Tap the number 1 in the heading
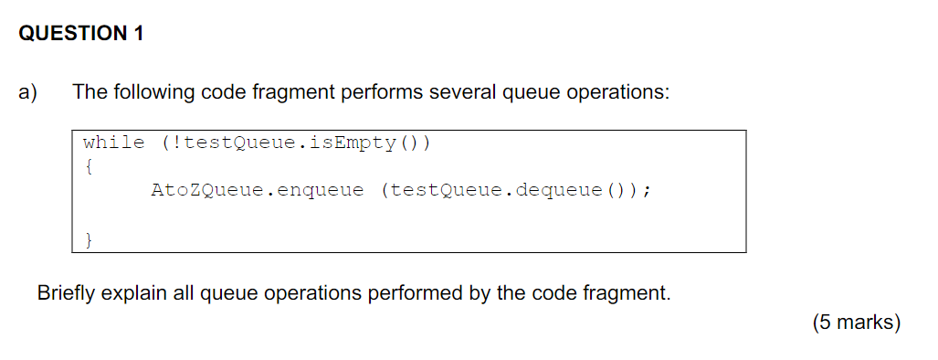pyautogui.click(x=138, y=35)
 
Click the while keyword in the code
pyautogui.click(x=113, y=143)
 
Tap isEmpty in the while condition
pyautogui.click(x=359, y=143)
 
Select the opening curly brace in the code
pyautogui.click(x=87, y=167)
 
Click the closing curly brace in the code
pyautogui.click(x=88, y=240)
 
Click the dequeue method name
pyautogui.click(x=559, y=191)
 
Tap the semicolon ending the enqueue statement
pyautogui.click(x=647, y=191)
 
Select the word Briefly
pyautogui.click(x=67, y=294)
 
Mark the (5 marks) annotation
pyautogui.click(x=855, y=323)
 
